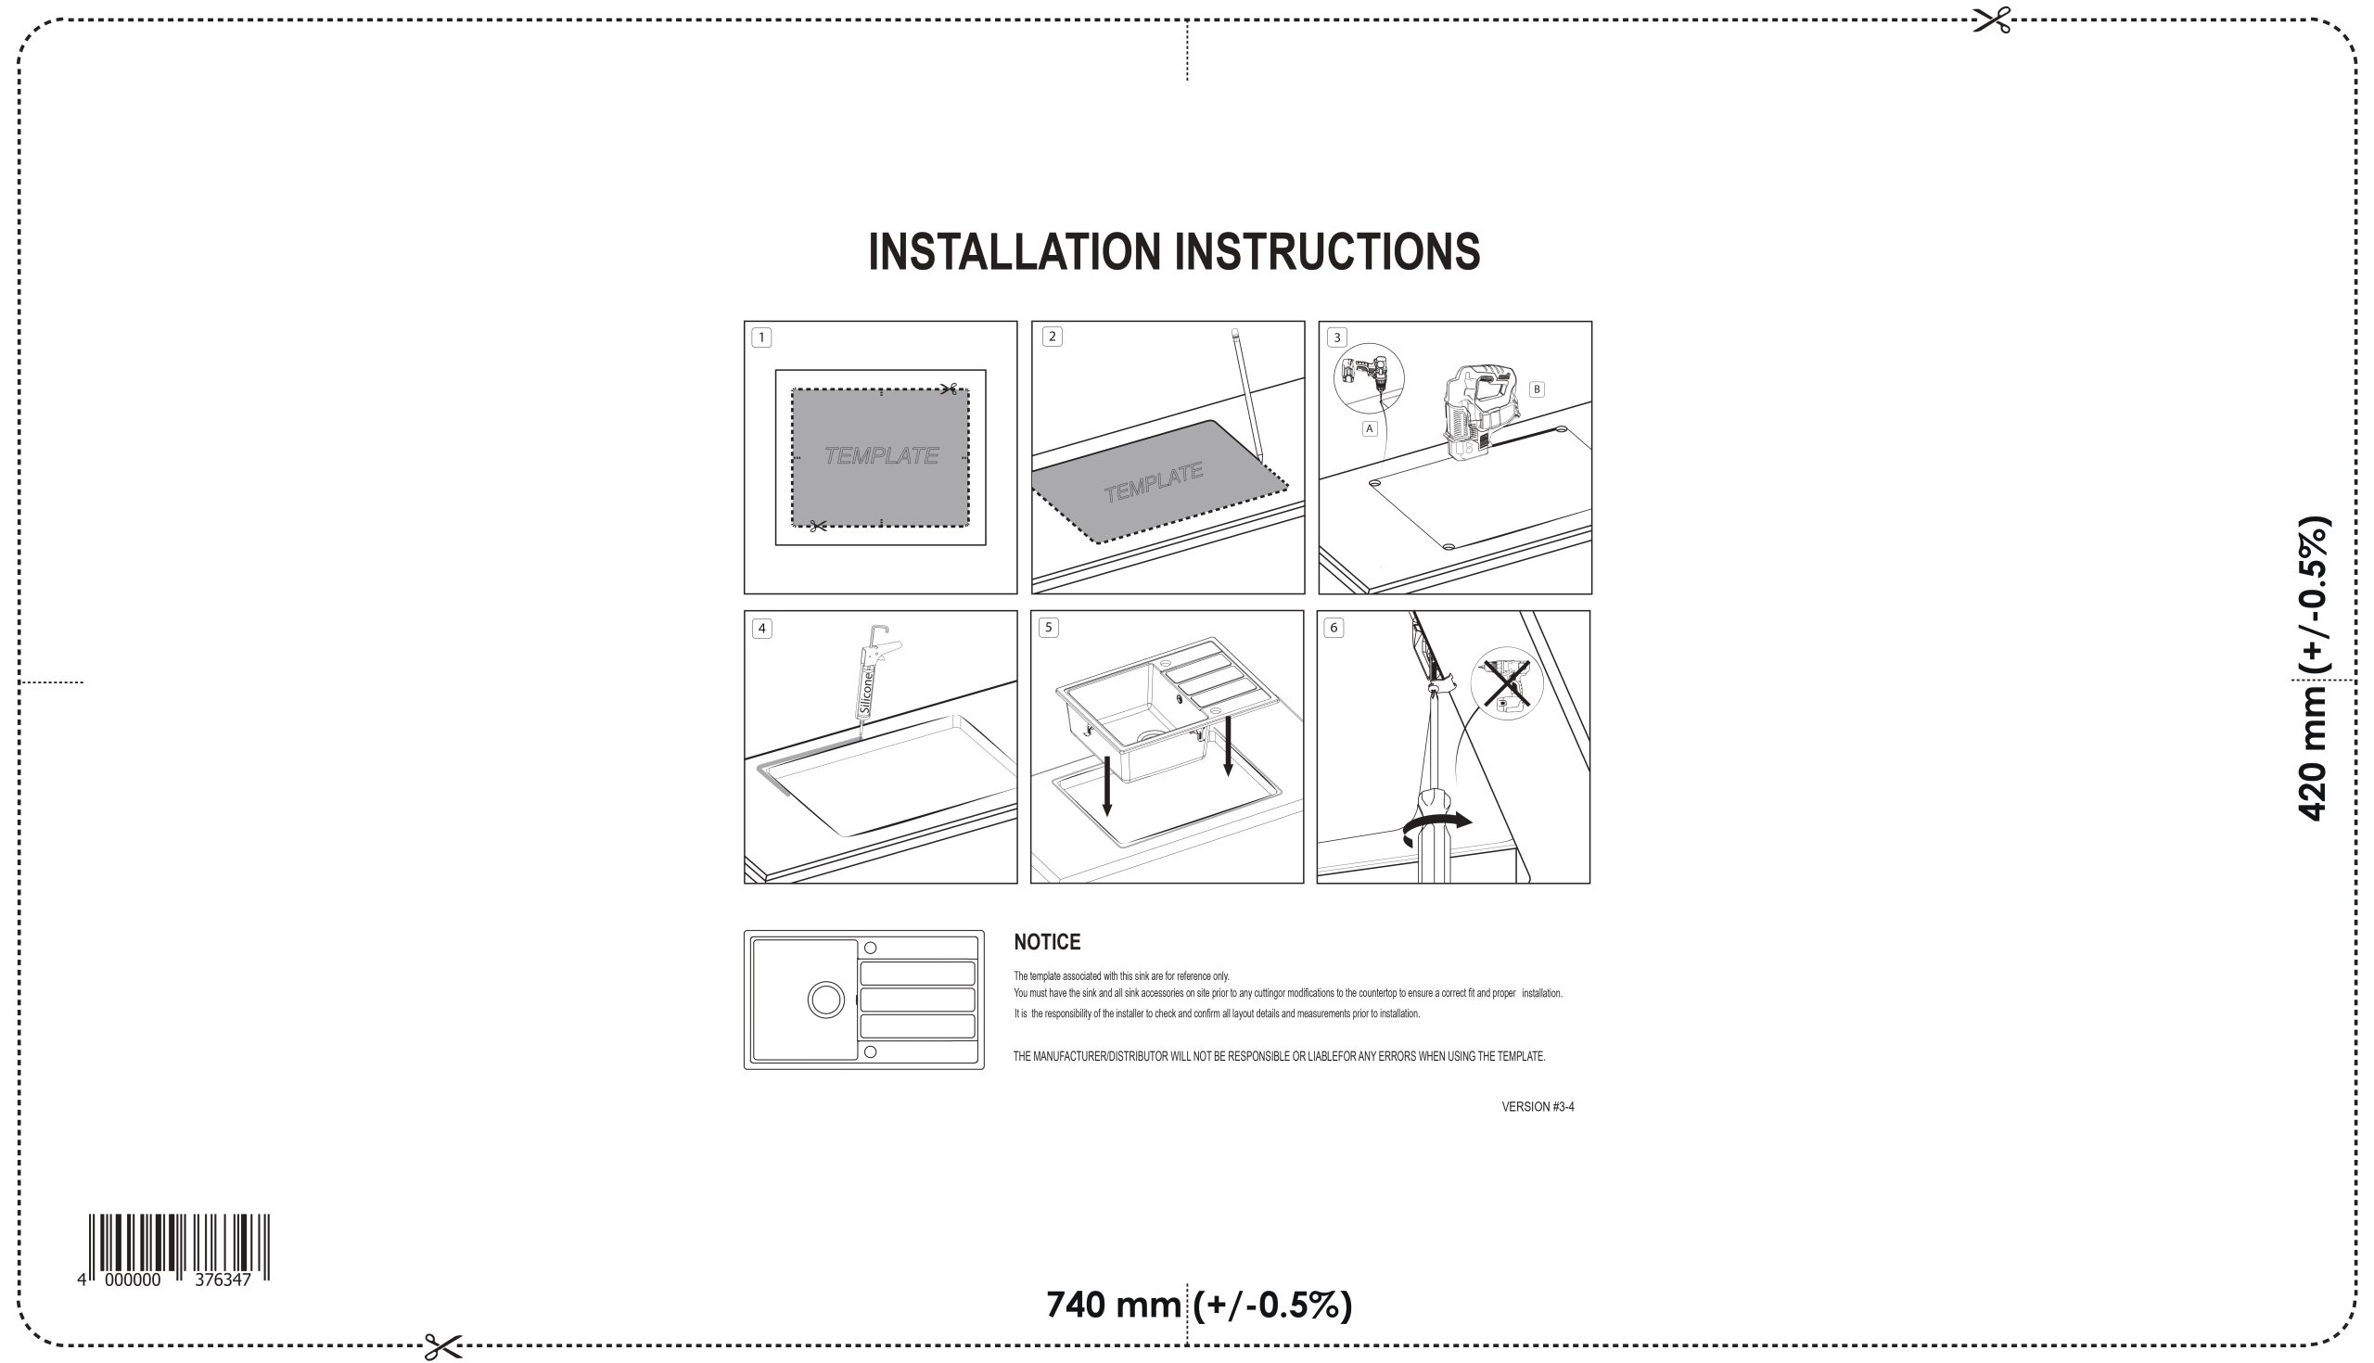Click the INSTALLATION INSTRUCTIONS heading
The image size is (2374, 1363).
(1174, 252)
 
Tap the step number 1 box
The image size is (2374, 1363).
(761, 337)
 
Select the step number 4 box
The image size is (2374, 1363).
(762, 628)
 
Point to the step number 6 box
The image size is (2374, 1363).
(1334, 627)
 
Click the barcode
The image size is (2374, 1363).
(179, 1247)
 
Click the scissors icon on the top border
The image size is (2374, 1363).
(1991, 20)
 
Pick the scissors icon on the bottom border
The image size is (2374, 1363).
(442, 1347)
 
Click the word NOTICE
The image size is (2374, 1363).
(1047, 942)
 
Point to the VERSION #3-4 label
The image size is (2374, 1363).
(1538, 1106)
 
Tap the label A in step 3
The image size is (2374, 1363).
(1370, 428)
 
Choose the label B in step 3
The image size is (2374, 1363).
(1537, 389)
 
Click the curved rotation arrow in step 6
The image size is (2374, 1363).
(1436, 824)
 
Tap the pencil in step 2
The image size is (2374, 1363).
(1247, 394)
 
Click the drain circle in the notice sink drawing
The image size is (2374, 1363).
(825, 1000)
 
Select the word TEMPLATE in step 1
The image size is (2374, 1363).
(881, 456)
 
